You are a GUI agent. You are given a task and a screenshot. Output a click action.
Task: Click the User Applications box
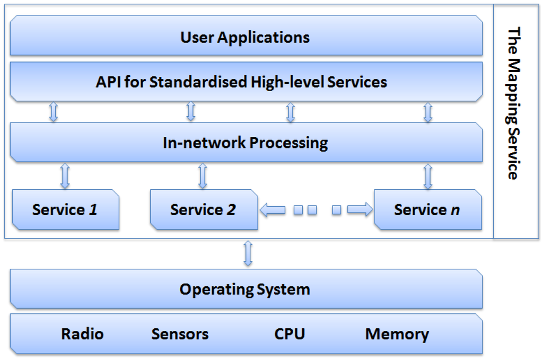click(246, 37)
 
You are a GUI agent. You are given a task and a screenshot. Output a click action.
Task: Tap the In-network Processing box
click(246, 143)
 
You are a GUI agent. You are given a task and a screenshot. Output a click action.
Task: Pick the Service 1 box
click(65, 209)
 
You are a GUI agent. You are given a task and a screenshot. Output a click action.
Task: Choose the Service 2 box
click(204, 209)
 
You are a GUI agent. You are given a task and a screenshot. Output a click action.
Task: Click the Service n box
click(427, 209)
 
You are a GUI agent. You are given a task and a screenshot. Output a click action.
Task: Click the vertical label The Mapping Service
click(513, 104)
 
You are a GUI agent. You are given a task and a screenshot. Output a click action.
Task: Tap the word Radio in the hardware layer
click(82, 334)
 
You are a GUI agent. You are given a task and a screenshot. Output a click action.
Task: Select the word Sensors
click(180, 334)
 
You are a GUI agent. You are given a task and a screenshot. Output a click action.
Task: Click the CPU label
click(290, 334)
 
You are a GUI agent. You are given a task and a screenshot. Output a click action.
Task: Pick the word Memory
click(397, 334)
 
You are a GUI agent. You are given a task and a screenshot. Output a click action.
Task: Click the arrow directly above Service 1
click(65, 176)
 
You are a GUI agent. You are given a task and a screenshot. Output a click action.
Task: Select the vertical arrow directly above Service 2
click(203, 176)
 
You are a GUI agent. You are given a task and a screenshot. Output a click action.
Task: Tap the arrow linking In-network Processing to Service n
click(428, 176)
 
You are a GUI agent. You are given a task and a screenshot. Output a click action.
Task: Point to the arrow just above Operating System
click(247, 253)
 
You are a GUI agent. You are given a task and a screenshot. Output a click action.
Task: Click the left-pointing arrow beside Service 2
click(273, 210)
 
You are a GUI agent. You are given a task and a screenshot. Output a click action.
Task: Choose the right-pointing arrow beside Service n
click(360, 210)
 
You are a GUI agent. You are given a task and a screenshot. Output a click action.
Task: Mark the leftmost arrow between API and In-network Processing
click(53, 112)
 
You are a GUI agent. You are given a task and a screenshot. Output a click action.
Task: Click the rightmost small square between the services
click(336, 210)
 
